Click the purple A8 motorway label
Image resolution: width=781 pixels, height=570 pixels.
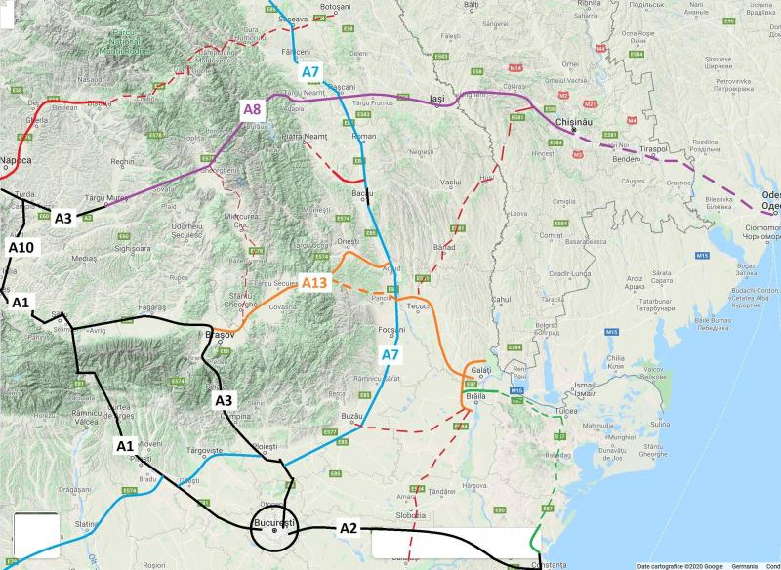253,106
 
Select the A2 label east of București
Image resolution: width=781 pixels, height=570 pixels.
349,528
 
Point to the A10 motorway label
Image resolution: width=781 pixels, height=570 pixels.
21,247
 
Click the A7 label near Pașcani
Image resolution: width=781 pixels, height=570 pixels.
311,72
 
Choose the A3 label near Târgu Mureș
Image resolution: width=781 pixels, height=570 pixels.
63,218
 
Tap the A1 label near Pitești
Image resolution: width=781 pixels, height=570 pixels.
125,446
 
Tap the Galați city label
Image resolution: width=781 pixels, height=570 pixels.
480,370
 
